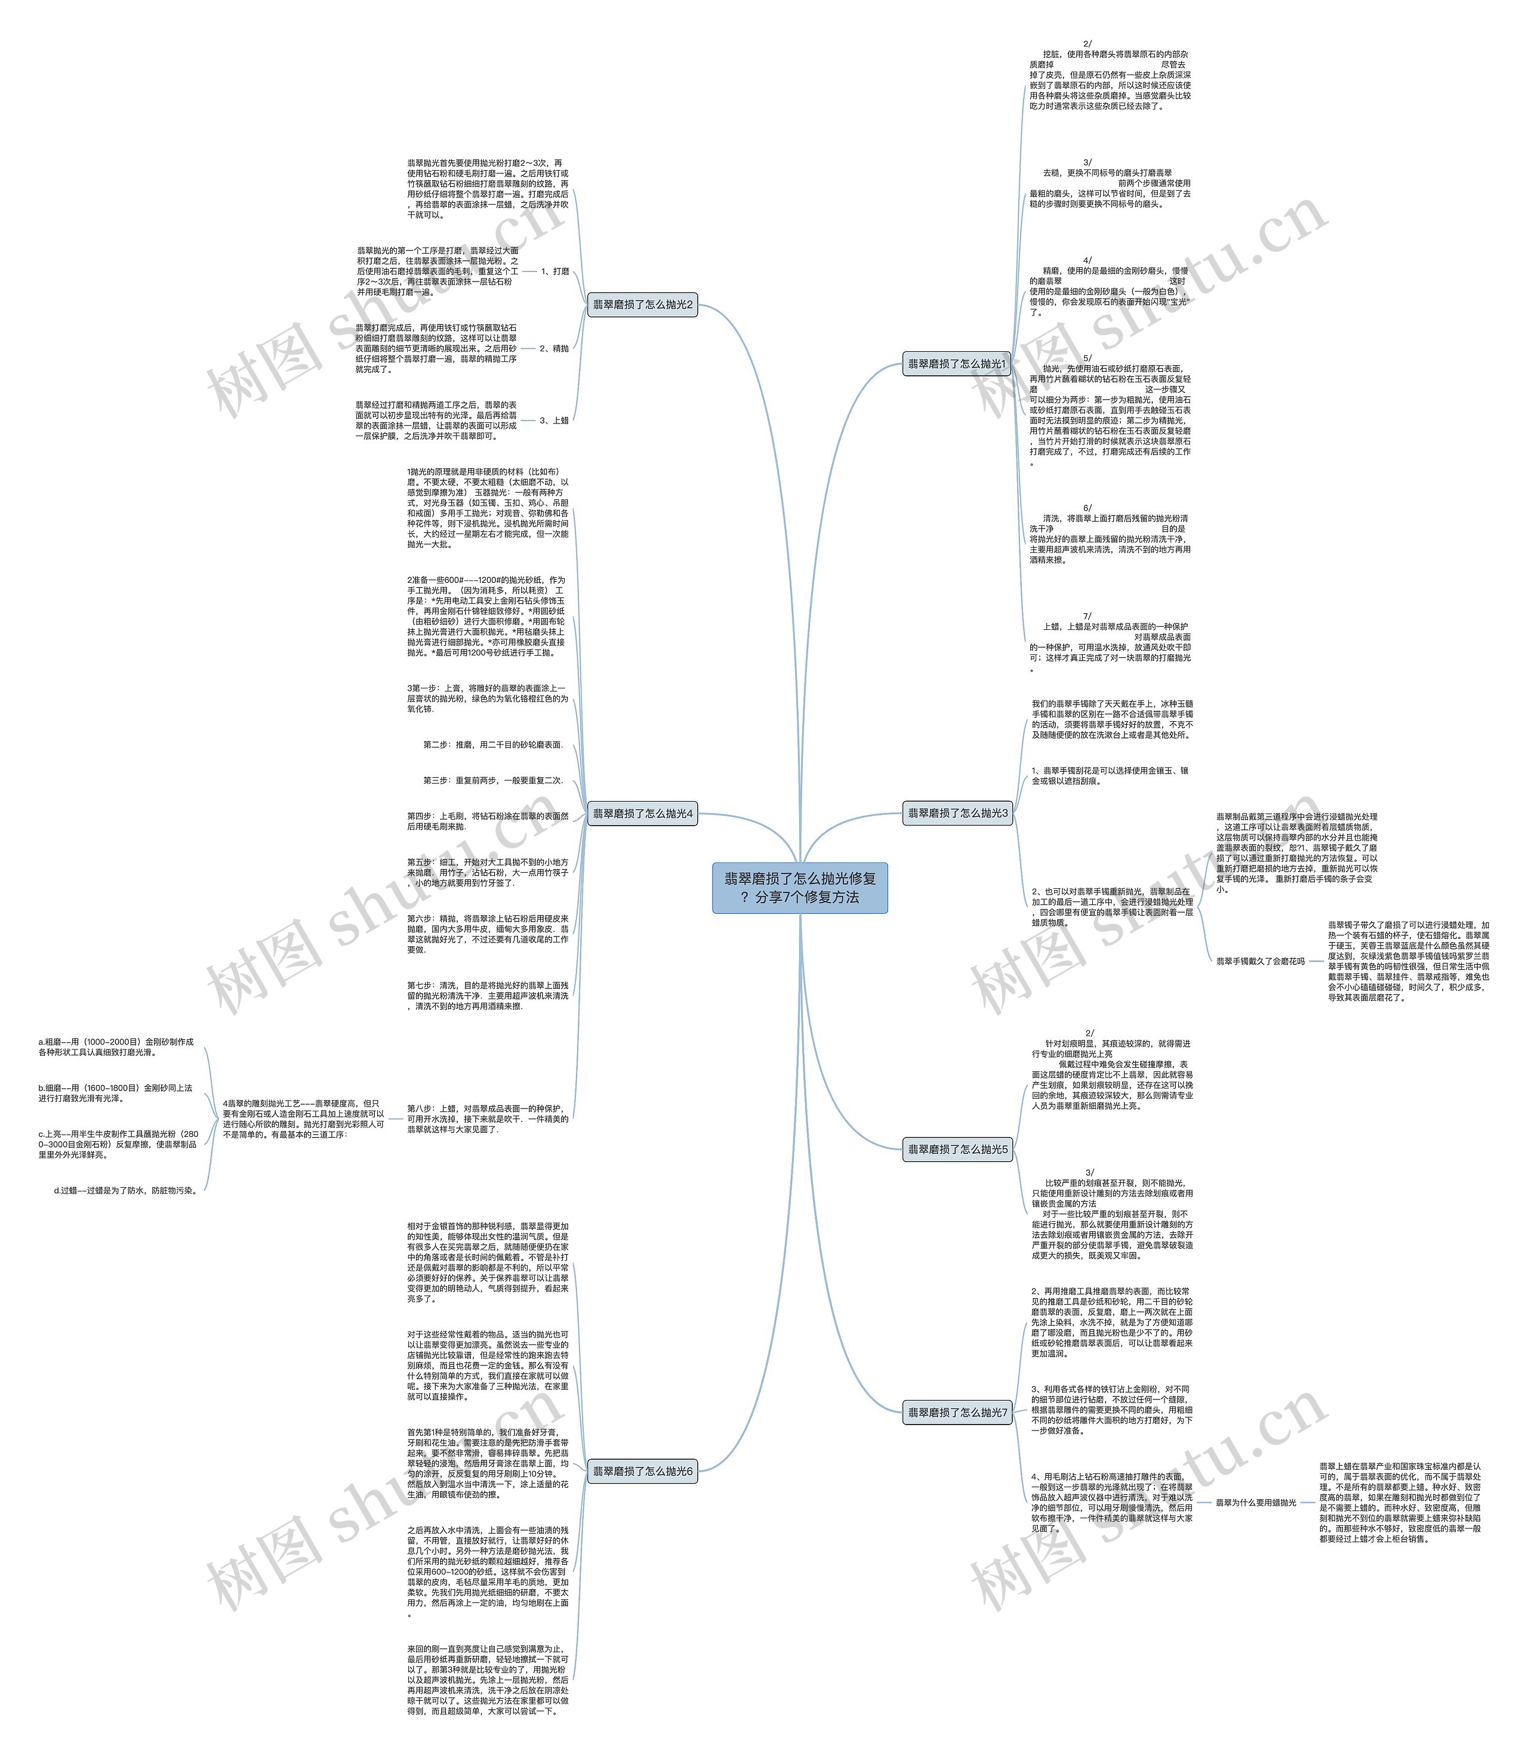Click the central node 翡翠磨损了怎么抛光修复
click(800, 887)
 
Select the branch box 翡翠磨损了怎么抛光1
click(956, 364)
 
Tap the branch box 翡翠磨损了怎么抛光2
click(643, 304)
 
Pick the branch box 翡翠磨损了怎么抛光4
click(643, 814)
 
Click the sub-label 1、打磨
click(554, 271)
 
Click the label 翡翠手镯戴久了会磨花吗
click(1259, 960)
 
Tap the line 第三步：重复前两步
click(493, 780)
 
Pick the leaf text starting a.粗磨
click(116, 1047)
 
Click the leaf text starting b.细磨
click(115, 1093)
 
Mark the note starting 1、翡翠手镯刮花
click(1110, 775)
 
